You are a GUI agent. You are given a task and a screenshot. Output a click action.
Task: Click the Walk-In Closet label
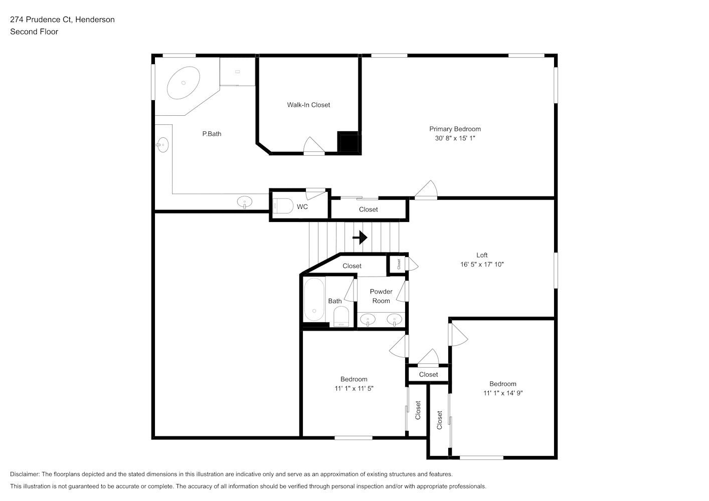pyautogui.click(x=308, y=105)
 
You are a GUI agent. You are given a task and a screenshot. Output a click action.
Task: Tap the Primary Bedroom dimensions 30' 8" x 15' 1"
pyautogui.click(x=455, y=138)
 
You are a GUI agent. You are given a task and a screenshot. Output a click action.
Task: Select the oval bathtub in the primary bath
pyautogui.click(x=183, y=83)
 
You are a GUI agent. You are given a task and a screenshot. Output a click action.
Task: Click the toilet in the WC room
pyautogui.click(x=283, y=206)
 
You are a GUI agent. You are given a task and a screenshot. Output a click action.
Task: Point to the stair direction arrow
pyautogui.click(x=360, y=237)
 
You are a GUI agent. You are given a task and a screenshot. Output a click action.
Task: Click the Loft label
pyautogui.click(x=482, y=255)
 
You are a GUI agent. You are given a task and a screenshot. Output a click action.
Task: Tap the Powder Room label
pyautogui.click(x=381, y=296)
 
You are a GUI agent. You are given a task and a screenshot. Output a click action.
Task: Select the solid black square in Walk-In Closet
pyautogui.click(x=347, y=142)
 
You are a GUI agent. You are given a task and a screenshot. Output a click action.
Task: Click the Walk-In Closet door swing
pyautogui.click(x=314, y=146)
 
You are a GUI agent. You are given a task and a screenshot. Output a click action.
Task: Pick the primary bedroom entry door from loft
pyautogui.click(x=426, y=190)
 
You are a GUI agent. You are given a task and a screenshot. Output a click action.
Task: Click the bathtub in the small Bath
pyautogui.click(x=314, y=299)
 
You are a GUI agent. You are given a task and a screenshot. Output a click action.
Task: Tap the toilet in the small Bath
pyautogui.click(x=341, y=316)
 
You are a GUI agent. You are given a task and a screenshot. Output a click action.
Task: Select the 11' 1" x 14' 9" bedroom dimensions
pyautogui.click(x=502, y=393)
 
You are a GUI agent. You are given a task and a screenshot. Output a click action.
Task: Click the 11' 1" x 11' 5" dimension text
pyautogui.click(x=354, y=388)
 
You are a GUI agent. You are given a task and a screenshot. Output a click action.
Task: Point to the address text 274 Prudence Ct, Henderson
pyautogui.click(x=62, y=20)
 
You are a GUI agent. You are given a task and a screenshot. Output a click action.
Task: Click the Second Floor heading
pyautogui.click(x=34, y=32)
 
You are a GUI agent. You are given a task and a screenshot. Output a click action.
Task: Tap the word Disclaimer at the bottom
pyautogui.click(x=25, y=474)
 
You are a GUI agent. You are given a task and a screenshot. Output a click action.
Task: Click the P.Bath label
pyautogui.click(x=212, y=134)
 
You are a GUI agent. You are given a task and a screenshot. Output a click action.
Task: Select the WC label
pyautogui.click(x=302, y=207)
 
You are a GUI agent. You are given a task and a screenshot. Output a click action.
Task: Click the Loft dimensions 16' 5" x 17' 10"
pyautogui.click(x=482, y=265)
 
